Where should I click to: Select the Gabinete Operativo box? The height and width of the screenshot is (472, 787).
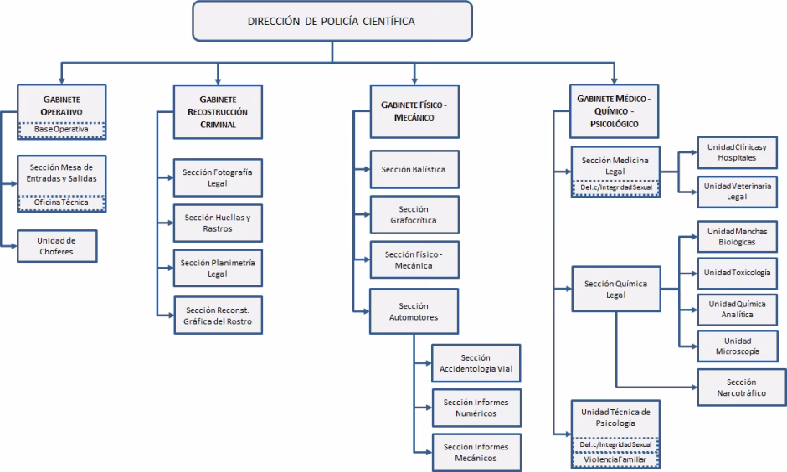pos(60,104)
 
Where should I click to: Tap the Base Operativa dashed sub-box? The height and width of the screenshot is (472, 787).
pos(60,131)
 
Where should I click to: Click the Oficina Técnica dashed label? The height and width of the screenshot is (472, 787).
pos(60,203)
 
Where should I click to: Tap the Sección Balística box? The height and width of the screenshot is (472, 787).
pos(414,170)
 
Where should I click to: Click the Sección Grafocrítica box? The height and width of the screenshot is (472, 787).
pos(414,216)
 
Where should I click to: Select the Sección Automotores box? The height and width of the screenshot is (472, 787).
pos(414,311)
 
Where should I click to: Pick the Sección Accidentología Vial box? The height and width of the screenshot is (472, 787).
pos(476,363)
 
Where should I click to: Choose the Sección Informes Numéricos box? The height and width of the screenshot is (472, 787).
pos(476,408)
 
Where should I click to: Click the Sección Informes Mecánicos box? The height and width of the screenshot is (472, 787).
pos(476,452)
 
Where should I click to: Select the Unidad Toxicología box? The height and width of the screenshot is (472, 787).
pos(738,273)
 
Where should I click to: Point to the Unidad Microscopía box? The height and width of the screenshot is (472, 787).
pos(738,346)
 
